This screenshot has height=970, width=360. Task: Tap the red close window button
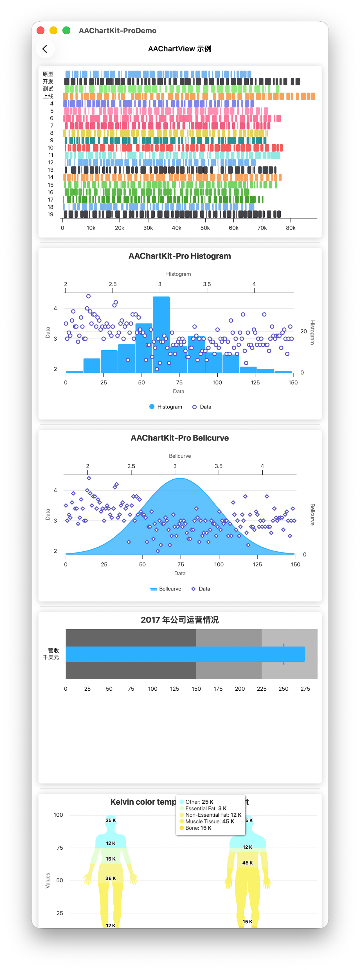point(41,30)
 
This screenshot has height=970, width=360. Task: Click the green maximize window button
point(66,30)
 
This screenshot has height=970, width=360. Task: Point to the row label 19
point(50,214)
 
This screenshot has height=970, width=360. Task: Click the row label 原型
point(48,74)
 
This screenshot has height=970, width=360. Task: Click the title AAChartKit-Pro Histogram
point(180,256)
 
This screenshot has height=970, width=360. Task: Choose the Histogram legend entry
point(166,407)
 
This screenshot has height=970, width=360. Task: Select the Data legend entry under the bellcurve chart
point(201,589)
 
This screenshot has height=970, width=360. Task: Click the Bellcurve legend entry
point(166,589)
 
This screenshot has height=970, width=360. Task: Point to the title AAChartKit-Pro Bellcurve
point(180,438)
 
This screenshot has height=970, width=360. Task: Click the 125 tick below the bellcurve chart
point(257,564)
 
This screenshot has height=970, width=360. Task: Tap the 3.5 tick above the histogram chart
point(207,284)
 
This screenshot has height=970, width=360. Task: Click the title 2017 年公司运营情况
point(180,620)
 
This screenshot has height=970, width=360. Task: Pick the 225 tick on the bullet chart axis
point(262,689)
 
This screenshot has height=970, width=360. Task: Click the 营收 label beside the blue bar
point(53,650)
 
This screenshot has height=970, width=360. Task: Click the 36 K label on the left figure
point(111,878)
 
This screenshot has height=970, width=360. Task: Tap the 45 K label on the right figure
point(247,863)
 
